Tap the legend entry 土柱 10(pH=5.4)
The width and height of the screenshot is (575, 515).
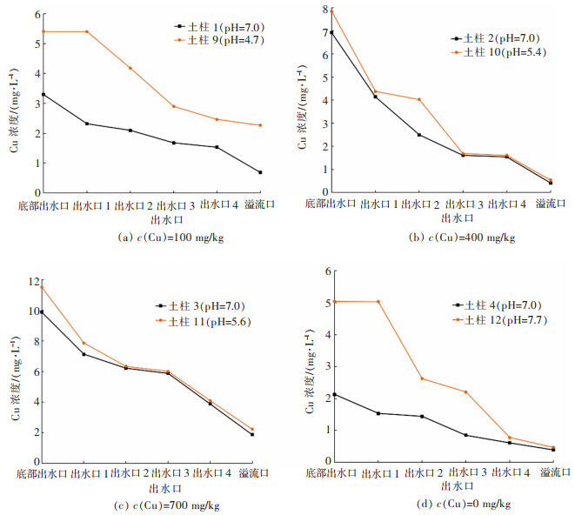(494, 52)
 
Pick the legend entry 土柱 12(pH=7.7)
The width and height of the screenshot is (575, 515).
(498, 320)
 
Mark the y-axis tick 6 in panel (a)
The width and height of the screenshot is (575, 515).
(36, 15)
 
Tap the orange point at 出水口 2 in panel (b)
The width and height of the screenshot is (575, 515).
(419, 99)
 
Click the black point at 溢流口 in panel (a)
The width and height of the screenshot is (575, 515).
(260, 172)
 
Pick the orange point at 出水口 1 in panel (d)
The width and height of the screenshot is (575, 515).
(377, 302)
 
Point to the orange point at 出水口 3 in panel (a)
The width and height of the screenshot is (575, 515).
(173, 106)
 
